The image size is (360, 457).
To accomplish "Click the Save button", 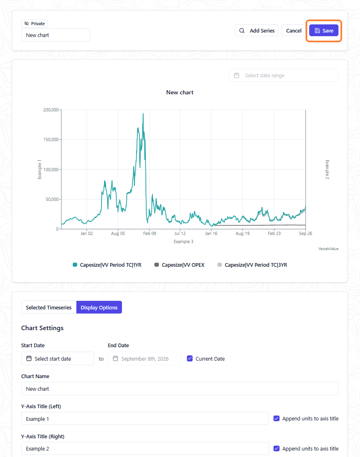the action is pyautogui.click(x=323, y=30).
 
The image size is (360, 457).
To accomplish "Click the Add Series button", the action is pyautogui.click(x=257, y=30).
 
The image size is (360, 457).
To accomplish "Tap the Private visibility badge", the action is pyautogui.click(x=35, y=24).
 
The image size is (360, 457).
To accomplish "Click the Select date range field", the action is pyautogui.click(x=283, y=76).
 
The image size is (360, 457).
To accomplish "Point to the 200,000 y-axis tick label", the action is pyautogui.click(x=51, y=110).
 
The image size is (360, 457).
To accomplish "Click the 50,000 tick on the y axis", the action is pyautogui.click(x=52, y=199).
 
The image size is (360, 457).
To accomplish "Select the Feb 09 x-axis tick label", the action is pyautogui.click(x=150, y=233).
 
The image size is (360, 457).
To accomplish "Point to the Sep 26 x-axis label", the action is pyautogui.click(x=306, y=233).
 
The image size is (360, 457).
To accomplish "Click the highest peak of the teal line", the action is pyautogui.click(x=143, y=114).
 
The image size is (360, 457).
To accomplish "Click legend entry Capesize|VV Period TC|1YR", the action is pyautogui.click(x=107, y=265).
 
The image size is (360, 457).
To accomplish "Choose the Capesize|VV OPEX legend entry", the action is pyautogui.click(x=180, y=265).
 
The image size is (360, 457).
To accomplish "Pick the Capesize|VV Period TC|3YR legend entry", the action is pyautogui.click(x=252, y=265).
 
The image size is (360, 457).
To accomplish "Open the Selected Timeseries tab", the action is pyautogui.click(x=49, y=307).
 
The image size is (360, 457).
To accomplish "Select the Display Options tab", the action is pyautogui.click(x=99, y=307).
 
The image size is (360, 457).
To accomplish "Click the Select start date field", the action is pyautogui.click(x=58, y=359).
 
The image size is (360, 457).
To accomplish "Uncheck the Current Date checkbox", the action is pyautogui.click(x=190, y=359).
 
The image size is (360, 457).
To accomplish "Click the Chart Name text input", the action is pyautogui.click(x=180, y=389).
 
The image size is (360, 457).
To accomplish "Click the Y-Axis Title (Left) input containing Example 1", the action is pyautogui.click(x=145, y=418).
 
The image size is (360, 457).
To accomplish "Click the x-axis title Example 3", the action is pyautogui.click(x=184, y=242).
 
